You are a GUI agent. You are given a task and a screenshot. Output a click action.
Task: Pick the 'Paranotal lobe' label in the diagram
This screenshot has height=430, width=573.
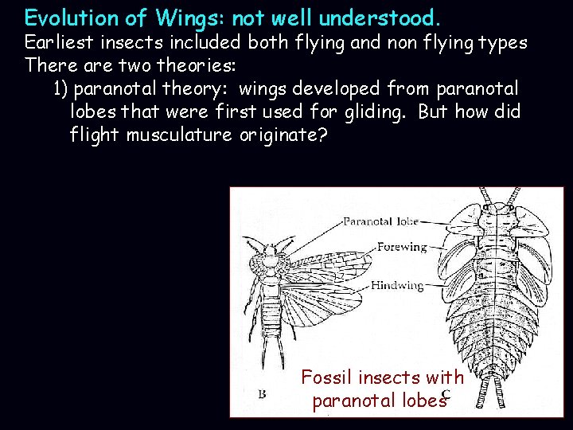[380, 221]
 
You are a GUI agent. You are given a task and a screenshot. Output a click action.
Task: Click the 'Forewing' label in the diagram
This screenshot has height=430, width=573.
[402, 247]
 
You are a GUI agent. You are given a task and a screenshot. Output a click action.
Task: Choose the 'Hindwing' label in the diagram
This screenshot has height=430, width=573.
[397, 285]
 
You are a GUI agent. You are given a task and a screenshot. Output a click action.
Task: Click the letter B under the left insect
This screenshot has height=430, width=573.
[262, 393]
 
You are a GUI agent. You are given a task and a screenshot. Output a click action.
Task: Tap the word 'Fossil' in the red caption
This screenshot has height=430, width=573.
[327, 377]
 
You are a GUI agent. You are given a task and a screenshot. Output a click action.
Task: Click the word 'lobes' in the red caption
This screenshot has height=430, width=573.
[423, 400]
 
